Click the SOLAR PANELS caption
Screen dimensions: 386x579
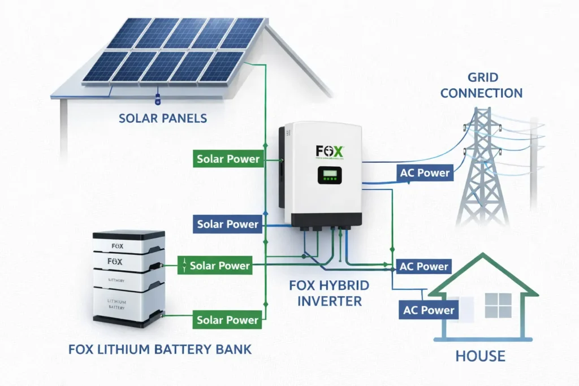163,118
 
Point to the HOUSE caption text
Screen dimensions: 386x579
480,356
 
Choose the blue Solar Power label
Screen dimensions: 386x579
227,224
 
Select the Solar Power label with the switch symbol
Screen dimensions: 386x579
220,265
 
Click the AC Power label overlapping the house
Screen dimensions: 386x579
429,310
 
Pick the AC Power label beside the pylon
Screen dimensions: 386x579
424,173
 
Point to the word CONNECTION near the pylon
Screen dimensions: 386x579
481,93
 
